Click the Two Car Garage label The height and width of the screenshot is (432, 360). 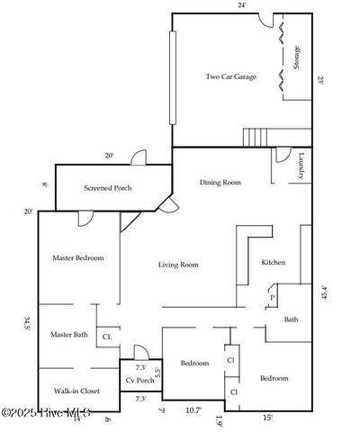231,77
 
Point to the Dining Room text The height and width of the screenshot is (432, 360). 220,183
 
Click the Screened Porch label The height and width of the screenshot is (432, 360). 109,189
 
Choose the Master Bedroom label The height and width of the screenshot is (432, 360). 78,258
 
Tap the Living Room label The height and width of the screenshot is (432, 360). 178,265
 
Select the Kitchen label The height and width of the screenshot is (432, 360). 274,263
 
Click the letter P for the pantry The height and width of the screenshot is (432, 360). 271,296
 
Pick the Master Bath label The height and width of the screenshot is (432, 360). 68,335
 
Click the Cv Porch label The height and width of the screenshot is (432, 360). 139,382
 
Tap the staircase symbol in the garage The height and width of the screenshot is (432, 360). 262,138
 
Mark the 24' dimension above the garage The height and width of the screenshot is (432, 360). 241,6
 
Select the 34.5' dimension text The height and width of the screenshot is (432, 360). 28,324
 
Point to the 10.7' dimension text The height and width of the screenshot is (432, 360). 193,410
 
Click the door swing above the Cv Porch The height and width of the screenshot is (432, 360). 139,352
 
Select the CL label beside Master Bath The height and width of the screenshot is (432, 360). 107,337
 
